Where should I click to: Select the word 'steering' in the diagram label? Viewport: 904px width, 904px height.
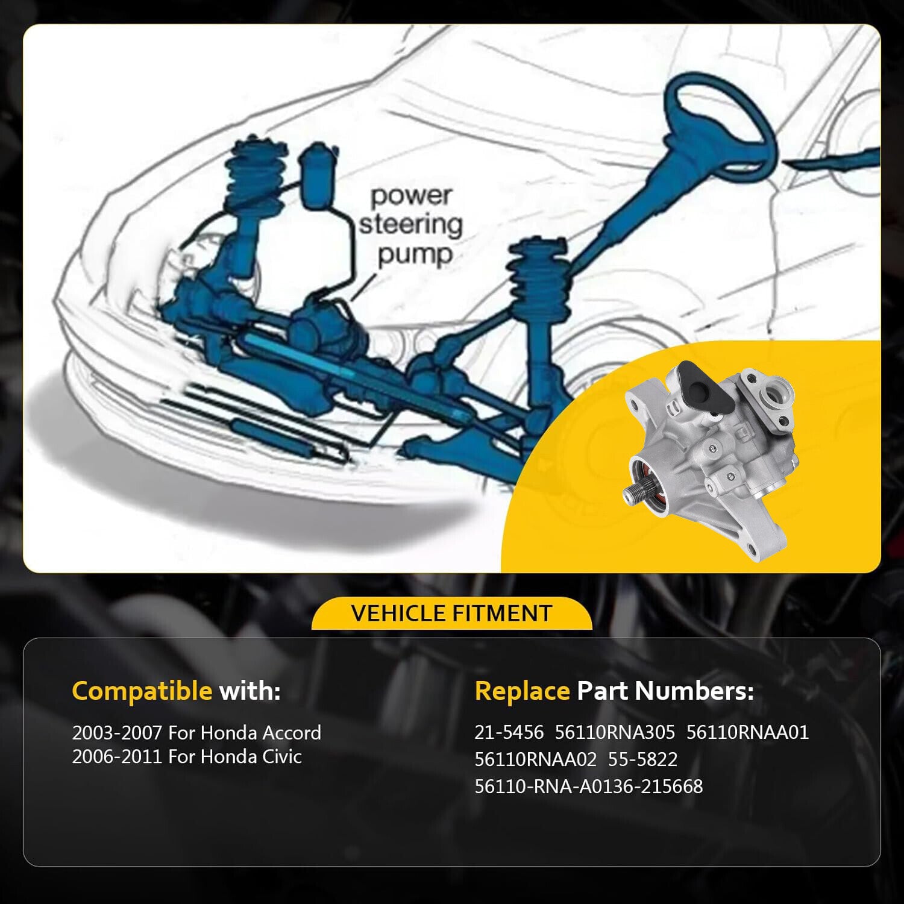411,224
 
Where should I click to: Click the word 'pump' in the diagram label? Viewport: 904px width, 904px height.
415,254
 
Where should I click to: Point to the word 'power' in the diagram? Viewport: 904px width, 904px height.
411,196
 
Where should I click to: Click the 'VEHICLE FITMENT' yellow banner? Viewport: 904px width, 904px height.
451,614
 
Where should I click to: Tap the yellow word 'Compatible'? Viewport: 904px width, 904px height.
142,691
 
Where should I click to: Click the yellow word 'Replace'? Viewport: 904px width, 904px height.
522,691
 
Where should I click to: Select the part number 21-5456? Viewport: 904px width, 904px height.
509,732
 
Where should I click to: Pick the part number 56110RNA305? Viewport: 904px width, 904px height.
615,732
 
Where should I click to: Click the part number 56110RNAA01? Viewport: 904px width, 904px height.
747,732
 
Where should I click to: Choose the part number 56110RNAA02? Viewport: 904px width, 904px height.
536,759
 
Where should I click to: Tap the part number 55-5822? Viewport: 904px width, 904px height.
642,759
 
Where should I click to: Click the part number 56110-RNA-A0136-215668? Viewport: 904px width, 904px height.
589,786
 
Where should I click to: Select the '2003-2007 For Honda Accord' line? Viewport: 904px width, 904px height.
196,733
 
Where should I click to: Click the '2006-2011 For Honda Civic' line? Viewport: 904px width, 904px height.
187,757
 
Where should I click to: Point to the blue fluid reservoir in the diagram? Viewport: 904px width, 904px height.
318,177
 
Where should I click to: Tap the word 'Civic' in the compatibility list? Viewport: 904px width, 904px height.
282,757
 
